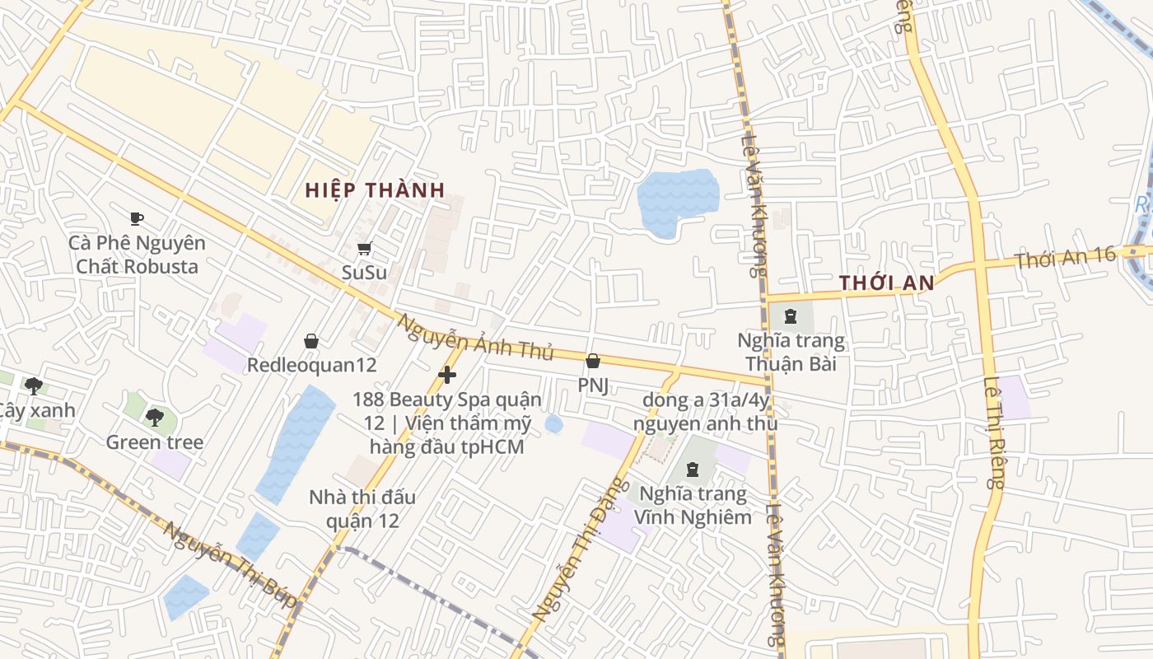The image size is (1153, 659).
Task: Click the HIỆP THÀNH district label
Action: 375,190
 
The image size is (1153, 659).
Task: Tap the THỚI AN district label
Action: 886,283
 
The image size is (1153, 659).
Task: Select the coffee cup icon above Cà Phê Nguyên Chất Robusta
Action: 137,219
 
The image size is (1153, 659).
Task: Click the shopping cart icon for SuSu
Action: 364,249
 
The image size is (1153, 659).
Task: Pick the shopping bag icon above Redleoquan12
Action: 311,341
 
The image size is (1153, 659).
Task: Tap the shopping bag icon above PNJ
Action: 592,361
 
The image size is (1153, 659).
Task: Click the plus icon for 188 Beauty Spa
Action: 447,376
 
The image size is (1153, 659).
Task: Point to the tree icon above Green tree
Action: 154,418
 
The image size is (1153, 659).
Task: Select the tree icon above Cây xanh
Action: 34,386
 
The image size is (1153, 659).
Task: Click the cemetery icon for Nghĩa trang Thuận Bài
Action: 791,315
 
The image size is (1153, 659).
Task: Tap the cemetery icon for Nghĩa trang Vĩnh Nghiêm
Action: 692,470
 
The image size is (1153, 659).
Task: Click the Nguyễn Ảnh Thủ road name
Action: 475,337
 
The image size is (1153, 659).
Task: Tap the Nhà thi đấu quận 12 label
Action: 362,509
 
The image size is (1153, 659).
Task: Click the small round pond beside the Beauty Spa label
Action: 554,424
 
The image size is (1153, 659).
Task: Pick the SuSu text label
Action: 364,272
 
